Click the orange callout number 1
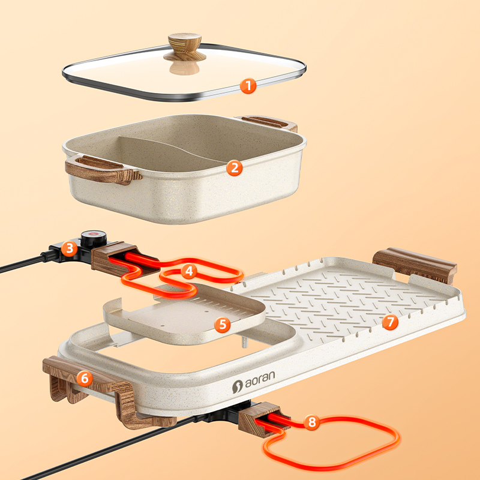pyautogui.click(x=248, y=86)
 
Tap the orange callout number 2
pyautogui.click(x=235, y=168)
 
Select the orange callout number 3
pyautogui.click(x=69, y=248)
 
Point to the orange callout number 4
pyautogui.click(x=189, y=271)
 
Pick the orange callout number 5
pyautogui.click(x=222, y=325)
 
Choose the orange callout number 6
pyautogui.click(x=85, y=379)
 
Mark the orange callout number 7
pyautogui.click(x=391, y=322)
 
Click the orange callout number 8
pyautogui.click(x=311, y=422)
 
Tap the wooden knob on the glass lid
pyautogui.click(x=185, y=47)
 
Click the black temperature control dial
pyautogui.click(x=94, y=239)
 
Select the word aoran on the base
pyautogui.click(x=260, y=380)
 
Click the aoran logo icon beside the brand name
pyautogui.click(x=237, y=386)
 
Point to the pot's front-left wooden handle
pyautogui.click(x=103, y=170)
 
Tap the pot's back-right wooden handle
pyautogui.click(x=267, y=123)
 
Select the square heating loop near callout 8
pyautogui.click(x=332, y=444)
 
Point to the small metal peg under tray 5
pyautogui.click(x=244, y=342)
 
